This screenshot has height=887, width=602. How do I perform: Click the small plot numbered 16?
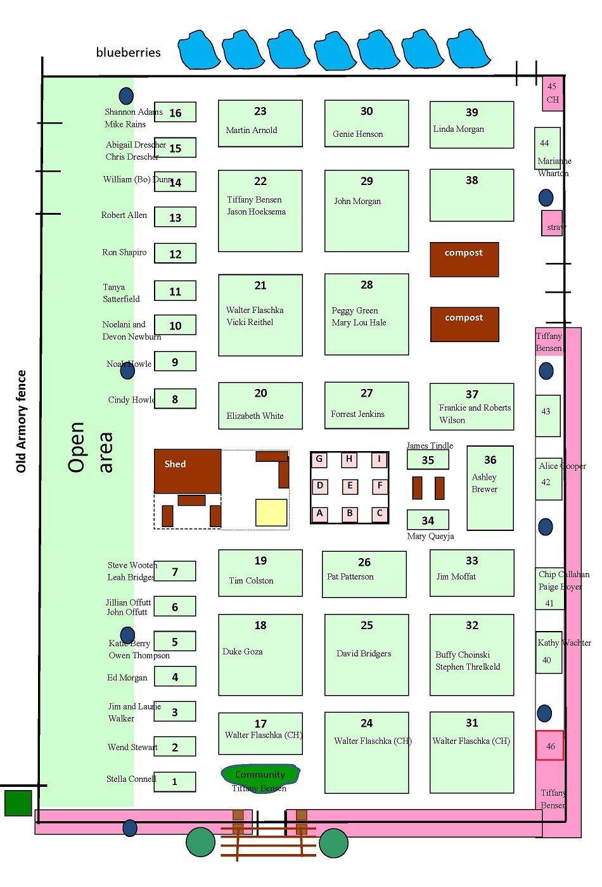(x=175, y=112)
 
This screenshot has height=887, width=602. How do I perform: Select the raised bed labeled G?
(x=319, y=459)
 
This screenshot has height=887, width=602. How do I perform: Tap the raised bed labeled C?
(x=380, y=513)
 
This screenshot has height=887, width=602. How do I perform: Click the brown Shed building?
(x=188, y=471)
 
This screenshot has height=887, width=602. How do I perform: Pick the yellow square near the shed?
(x=271, y=513)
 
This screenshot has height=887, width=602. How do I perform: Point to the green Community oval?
(x=260, y=774)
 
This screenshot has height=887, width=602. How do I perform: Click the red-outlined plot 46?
(x=550, y=746)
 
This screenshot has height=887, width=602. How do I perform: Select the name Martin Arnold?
(x=252, y=131)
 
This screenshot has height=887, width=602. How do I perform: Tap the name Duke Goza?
(x=243, y=651)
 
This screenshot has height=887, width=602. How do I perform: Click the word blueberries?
(x=129, y=53)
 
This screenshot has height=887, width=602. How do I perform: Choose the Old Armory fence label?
(x=22, y=421)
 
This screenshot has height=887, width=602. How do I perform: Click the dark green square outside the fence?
(x=18, y=803)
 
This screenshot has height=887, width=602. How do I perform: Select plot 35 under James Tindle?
(x=428, y=460)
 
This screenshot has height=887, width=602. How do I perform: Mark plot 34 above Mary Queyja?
(x=428, y=520)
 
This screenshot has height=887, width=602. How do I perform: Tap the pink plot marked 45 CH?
(x=553, y=93)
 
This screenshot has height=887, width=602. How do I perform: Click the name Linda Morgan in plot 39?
(x=459, y=129)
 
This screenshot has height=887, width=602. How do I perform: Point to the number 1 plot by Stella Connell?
(x=175, y=782)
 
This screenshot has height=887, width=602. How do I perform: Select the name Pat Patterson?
(x=350, y=577)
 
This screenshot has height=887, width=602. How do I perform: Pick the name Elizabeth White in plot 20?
(x=255, y=416)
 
